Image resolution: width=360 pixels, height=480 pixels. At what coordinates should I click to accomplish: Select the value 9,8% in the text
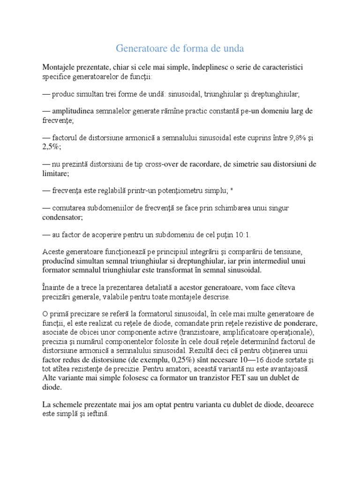281,137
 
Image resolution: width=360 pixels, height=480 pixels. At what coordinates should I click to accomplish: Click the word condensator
62,217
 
